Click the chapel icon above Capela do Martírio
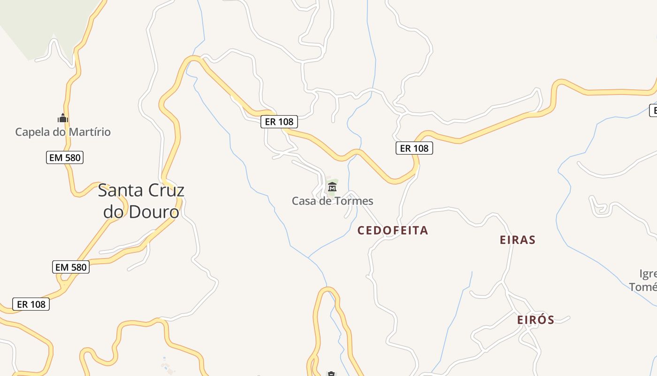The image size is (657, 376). click(x=63, y=118)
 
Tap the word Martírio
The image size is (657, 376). click(x=89, y=132)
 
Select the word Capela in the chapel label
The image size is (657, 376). click(x=32, y=132)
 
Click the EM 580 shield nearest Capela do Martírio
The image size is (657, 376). click(x=65, y=157)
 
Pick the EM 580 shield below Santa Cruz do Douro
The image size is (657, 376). click(x=71, y=267)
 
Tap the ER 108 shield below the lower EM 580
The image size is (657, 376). click(x=31, y=304)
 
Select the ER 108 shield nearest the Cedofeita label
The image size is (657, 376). click(x=414, y=148)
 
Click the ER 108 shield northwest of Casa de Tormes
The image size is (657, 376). click(x=279, y=121)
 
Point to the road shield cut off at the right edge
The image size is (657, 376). click(x=653, y=110)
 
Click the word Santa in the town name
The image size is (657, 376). click(x=119, y=190)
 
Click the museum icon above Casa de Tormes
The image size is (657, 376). click(x=332, y=187)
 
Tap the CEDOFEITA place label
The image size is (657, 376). click(x=393, y=230)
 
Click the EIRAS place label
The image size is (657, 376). click(x=518, y=240)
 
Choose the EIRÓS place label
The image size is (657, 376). click(x=535, y=320)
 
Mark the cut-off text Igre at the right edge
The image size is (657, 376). click(x=648, y=274)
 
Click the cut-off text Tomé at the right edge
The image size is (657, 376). click(x=643, y=287)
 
